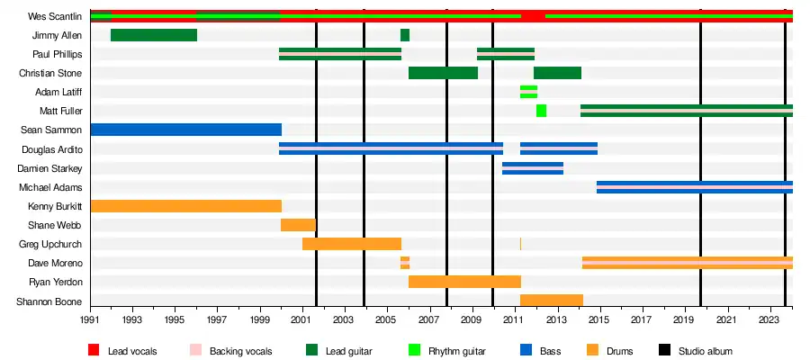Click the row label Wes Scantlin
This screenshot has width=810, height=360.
[x=55, y=16]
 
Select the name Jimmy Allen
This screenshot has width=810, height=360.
[x=57, y=35]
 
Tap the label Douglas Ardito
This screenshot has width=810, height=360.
[x=52, y=149]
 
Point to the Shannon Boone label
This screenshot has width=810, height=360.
[x=50, y=301]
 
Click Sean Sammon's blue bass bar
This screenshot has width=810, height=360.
[x=185, y=130]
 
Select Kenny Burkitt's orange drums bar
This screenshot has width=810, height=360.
[x=185, y=206]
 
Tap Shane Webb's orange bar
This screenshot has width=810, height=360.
[x=298, y=225]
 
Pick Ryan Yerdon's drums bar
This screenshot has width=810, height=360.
[x=464, y=282]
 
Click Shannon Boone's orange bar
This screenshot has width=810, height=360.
[x=551, y=301]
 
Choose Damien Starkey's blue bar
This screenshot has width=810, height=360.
[x=533, y=168]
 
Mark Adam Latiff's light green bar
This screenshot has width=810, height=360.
[x=528, y=92]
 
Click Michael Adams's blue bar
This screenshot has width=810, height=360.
[x=694, y=187]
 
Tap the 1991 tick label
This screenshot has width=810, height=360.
[x=90, y=320]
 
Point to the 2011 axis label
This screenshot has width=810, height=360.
[x=514, y=320]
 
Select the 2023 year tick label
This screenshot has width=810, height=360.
[x=769, y=320]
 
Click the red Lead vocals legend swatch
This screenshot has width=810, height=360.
[x=94, y=350]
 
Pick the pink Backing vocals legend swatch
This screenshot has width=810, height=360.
[x=196, y=350]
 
